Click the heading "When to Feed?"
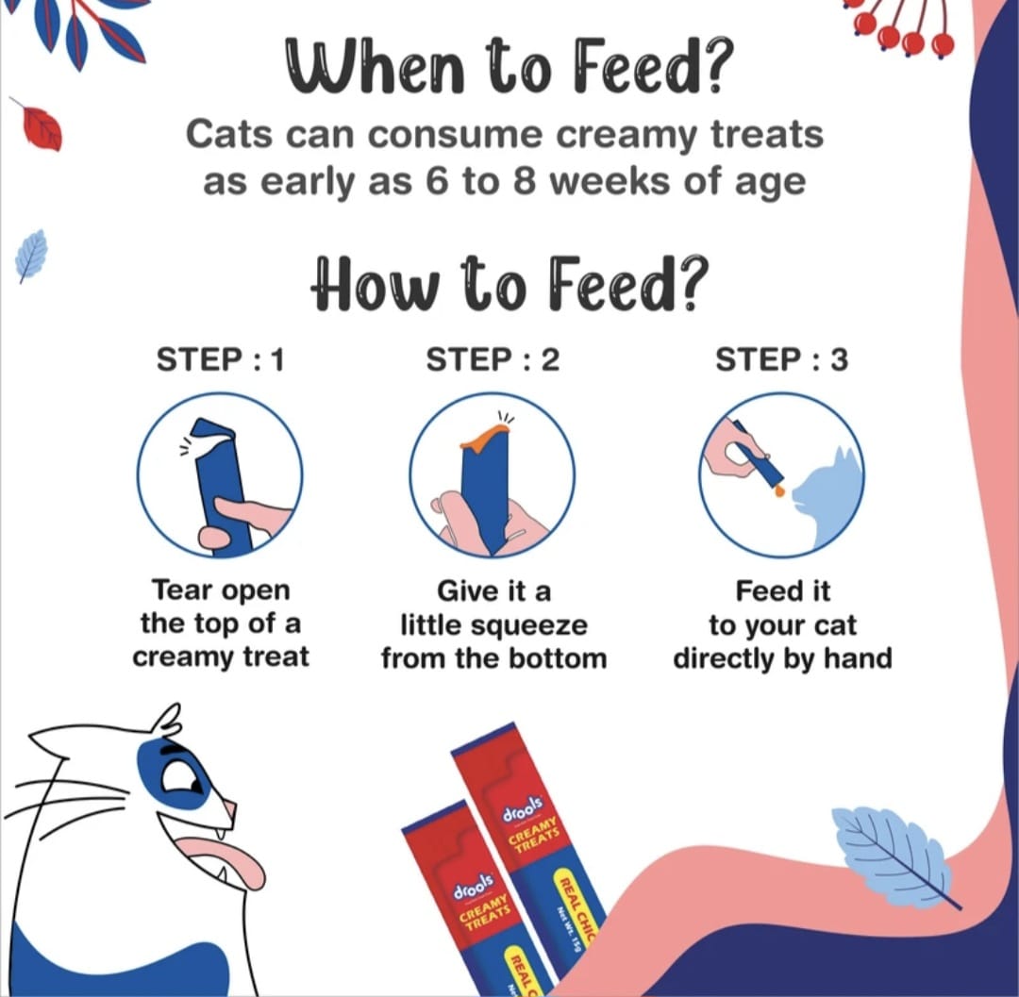[509, 70]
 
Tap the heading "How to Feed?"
[509, 281]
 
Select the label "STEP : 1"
[219, 359]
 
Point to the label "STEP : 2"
[493, 359]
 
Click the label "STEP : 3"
[781, 359]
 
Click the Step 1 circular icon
[220, 474]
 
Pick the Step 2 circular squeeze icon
[492, 474]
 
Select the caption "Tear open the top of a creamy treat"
[220, 623]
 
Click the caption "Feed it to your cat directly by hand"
[782, 623]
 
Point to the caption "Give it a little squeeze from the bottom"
[493, 623]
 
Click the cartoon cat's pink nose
[228, 811]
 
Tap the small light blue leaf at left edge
[31, 255]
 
